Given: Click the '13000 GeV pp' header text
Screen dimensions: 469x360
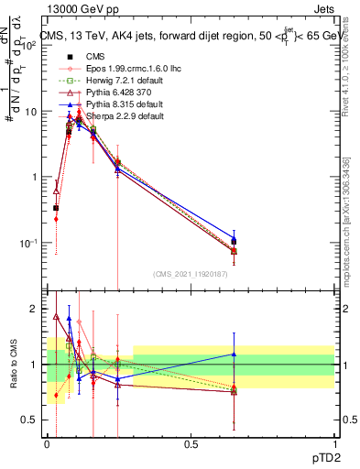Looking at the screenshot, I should pyautogui.click(x=77, y=9).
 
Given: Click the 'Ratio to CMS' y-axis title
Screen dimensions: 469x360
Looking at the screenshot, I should pyautogui.click(x=14, y=366).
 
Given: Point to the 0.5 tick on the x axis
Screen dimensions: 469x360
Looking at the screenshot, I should pyautogui.click(x=191, y=443).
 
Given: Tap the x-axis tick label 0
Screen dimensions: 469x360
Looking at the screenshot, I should pyautogui.click(x=47, y=443).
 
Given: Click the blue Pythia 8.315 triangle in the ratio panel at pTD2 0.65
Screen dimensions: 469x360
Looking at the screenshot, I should pyautogui.click(x=234, y=354).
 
